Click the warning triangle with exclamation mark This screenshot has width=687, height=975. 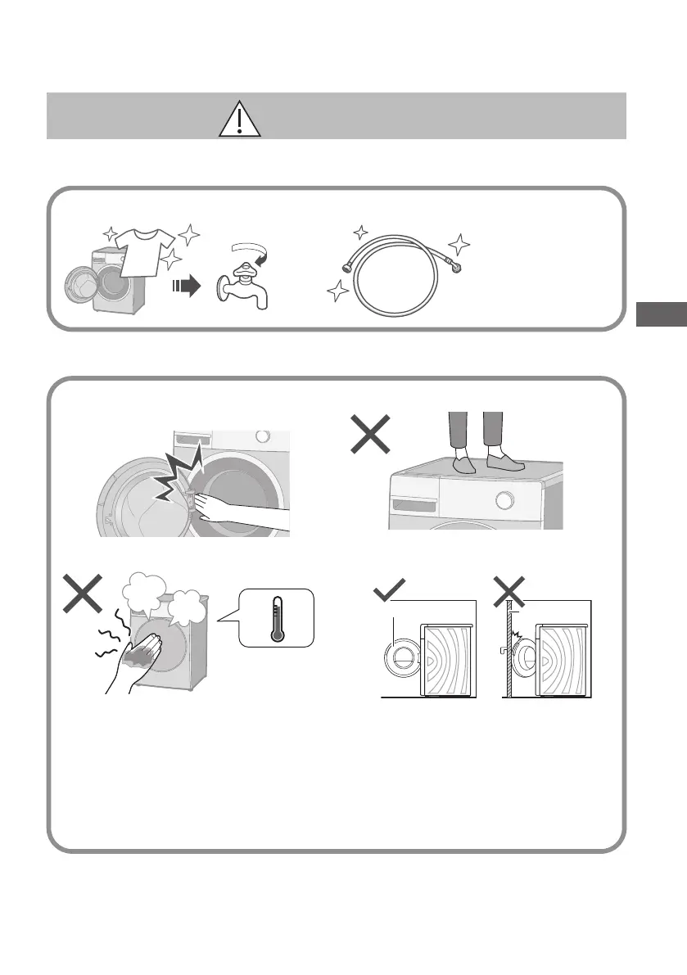coord(240,120)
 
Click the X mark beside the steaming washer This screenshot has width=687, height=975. coord(83,594)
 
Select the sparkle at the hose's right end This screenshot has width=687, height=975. coord(460,242)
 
